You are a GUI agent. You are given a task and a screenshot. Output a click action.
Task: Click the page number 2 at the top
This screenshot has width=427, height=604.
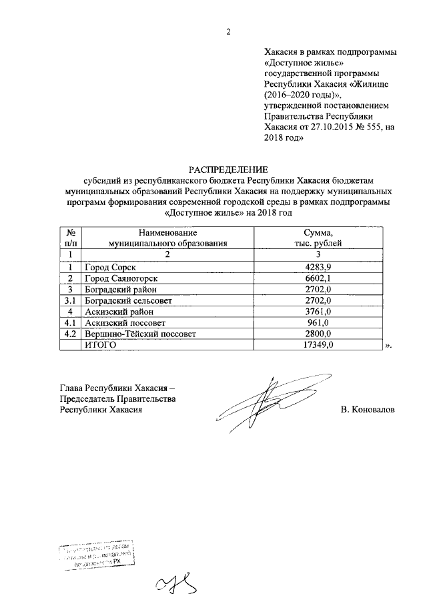click(x=228, y=32)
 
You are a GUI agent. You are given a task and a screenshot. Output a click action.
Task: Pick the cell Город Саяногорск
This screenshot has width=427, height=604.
click(x=121, y=278)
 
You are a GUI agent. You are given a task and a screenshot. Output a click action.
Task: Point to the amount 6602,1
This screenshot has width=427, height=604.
click(x=318, y=278)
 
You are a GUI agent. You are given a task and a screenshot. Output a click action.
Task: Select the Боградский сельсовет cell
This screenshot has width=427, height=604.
click(x=126, y=301)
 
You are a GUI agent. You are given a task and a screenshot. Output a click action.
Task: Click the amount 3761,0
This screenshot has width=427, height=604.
click(x=318, y=312)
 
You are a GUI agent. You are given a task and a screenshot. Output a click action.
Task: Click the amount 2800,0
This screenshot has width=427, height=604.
click(x=318, y=334)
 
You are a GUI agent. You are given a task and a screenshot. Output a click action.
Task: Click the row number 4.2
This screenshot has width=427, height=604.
click(x=70, y=334)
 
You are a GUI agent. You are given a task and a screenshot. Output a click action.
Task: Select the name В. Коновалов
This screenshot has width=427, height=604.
click(x=367, y=409)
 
